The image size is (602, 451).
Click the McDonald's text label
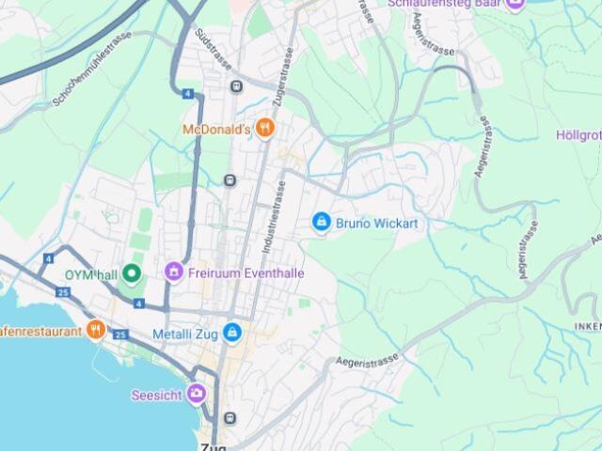coord(215,129)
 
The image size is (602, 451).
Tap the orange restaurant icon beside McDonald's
coord(265,128)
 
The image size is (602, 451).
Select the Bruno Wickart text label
coord(376,224)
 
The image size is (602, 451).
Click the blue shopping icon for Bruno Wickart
coord(321,222)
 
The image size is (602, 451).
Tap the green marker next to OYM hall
coord(132,273)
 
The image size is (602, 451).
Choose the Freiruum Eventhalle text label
coord(246,273)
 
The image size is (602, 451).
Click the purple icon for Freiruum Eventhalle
coord(173,272)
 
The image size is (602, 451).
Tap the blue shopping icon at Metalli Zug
coord(232,333)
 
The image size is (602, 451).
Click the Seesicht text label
coord(157,395)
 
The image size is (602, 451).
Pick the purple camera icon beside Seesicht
coord(197,394)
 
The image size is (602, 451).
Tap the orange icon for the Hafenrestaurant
coord(95,330)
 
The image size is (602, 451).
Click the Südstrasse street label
coord(214,47)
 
